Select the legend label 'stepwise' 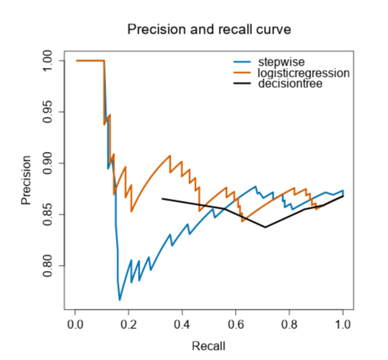[277, 62]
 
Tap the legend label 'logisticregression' [304, 73]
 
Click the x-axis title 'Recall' [209, 346]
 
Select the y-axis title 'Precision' [26, 180]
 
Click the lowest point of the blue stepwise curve [120, 300]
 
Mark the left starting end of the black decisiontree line [162, 199]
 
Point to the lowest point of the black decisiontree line [265, 227]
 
